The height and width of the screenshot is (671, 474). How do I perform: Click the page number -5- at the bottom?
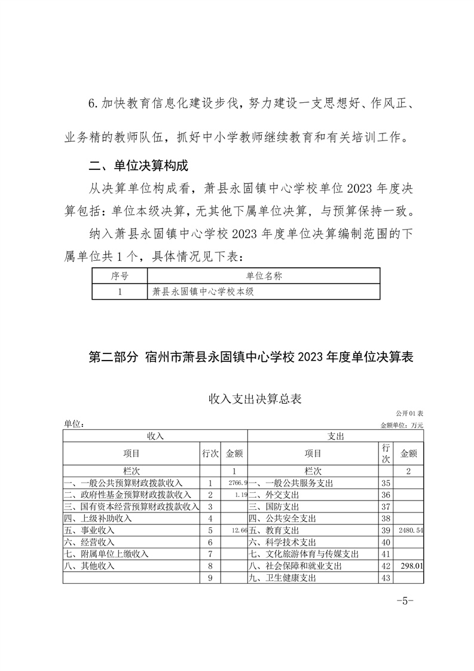coord(405,602)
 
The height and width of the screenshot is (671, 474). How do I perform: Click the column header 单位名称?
coord(264,276)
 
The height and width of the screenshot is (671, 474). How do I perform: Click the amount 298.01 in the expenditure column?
coord(411,566)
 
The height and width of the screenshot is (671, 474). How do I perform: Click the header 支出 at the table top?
coord(335,437)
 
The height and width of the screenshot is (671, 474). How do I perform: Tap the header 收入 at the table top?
coord(155,437)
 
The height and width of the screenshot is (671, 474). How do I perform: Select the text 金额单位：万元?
coord(402,425)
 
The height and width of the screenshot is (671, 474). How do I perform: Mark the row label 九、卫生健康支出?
coord(282,578)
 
